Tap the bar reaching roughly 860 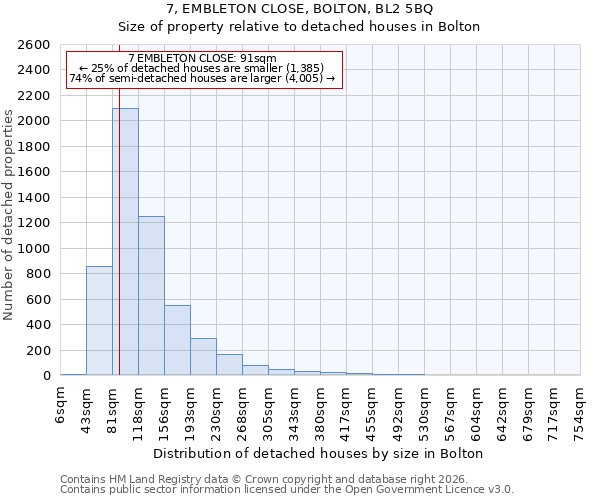(x=99, y=320)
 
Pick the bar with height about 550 (x=177, y=340)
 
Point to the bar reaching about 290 (x=203, y=357)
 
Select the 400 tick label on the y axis (x=37, y=325)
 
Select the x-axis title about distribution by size (x=319, y=453)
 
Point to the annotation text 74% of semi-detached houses (x=203, y=78)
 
